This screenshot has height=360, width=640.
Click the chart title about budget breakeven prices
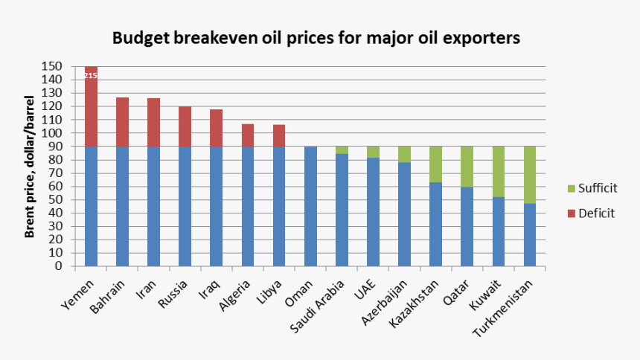coord(316,38)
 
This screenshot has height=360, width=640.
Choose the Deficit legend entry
coord(591,213)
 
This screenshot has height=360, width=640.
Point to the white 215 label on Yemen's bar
coord(91,75)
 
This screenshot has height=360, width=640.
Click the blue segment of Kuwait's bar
coord(499,231)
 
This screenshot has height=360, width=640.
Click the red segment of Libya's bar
coord(279,135)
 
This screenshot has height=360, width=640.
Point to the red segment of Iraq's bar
coord(217,128)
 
